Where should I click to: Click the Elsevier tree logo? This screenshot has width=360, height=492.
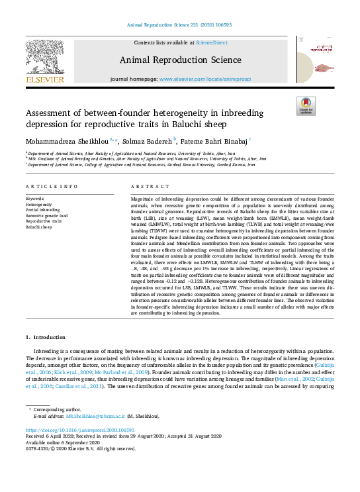click(44, 62)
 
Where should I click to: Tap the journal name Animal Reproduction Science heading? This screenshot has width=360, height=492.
click(179, 61)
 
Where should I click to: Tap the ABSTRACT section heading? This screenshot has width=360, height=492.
click(146, 187)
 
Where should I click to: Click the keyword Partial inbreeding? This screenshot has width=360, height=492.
click(43, 211)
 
